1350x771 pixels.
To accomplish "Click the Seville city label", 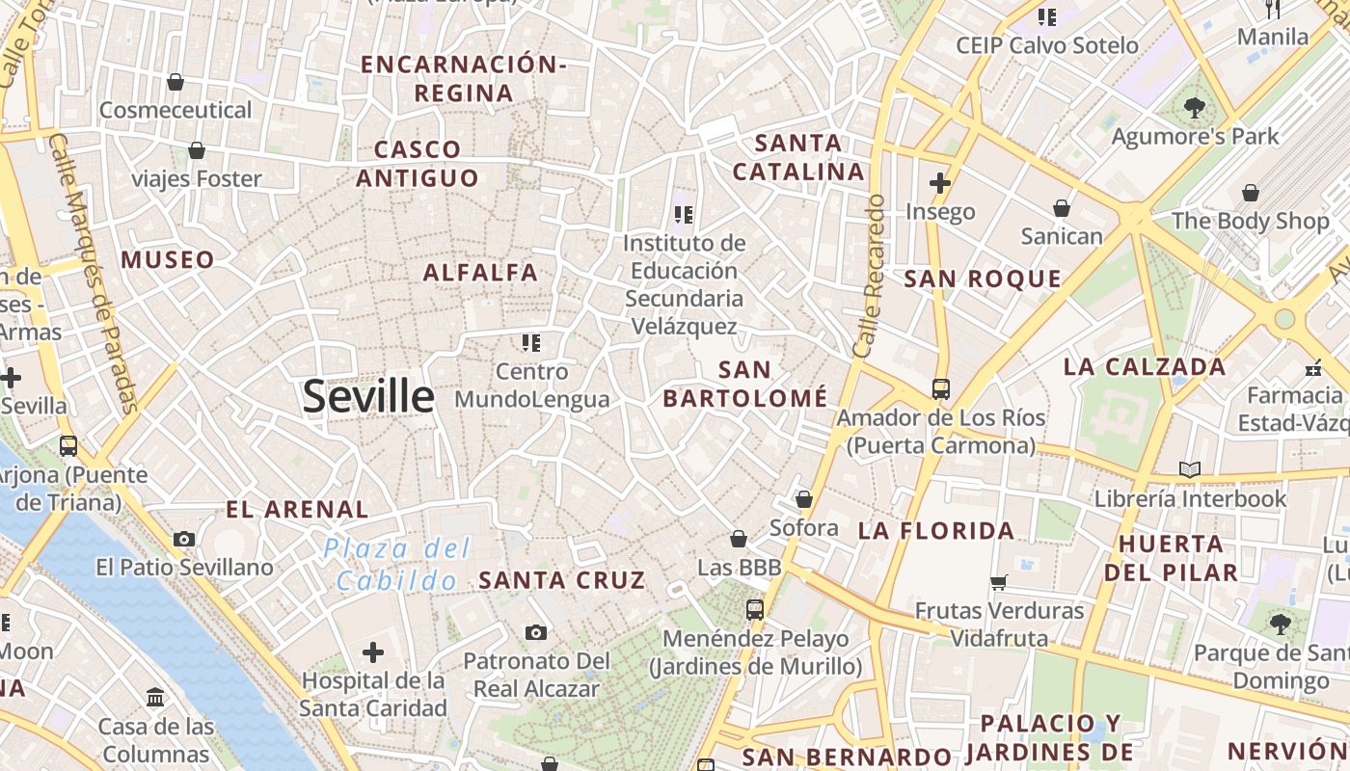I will click(x=368, y=396).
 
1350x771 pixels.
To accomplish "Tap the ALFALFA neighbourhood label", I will click(x=480, y=273).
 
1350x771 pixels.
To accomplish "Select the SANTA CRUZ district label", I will click(x=561, y=580).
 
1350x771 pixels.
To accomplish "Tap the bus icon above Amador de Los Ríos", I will click(x=941, y=389).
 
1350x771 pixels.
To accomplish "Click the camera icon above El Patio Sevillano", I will click(x=184, y=539).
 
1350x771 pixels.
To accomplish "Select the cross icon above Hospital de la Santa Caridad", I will click(x=373, y=652).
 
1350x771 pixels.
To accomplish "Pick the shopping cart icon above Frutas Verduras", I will click(x=998, y=582).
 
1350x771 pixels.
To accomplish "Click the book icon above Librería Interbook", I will click(x=1191, y=469).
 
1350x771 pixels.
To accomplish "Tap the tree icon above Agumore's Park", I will click(x=1195, y=108).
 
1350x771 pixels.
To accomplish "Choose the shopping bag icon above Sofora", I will click(x=803, y=499).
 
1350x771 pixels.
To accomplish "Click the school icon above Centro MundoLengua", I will click(x=530, y=342).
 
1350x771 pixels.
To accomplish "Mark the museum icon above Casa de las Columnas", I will click(x=155, y=696).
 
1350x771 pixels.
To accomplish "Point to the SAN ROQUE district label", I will click(x=983, y=279).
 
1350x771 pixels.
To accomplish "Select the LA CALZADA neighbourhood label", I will click(x=1145, y=367).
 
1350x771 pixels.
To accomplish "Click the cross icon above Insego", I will click(x=940, y=182).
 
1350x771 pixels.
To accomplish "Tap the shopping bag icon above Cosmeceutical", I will click(x=175, y=82).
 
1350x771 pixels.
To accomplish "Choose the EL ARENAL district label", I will click(x=297, y=510).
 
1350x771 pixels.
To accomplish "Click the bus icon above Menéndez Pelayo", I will click(x=755, y=609).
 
